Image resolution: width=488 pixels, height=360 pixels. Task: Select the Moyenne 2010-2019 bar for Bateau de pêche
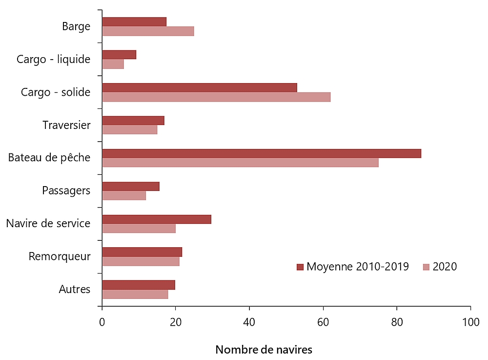point(262,153)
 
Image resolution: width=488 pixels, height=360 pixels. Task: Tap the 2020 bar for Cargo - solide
point(216,97)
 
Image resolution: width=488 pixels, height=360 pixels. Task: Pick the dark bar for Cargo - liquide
point(119,55)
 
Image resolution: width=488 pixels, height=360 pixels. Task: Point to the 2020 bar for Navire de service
point(139,229)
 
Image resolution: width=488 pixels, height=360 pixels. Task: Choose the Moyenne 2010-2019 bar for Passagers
point(131,186)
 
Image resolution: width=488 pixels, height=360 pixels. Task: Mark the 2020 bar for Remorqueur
point(141,261)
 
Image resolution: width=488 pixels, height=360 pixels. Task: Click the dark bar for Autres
point(139,285)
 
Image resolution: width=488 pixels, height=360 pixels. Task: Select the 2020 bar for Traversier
point(130,130)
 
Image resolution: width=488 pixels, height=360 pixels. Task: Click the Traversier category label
point(66,125)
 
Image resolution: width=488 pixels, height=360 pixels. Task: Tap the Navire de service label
point(48,224)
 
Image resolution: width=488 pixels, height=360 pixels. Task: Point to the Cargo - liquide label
point(53,60)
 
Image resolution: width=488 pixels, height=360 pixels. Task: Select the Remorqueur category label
point(60,256)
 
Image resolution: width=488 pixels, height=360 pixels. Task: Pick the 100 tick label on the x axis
point(470,322)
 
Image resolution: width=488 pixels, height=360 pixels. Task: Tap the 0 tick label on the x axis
point(102,322)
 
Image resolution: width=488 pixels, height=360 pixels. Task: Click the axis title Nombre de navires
point(264,350)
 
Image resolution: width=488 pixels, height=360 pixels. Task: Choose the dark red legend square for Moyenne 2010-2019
point(300,267)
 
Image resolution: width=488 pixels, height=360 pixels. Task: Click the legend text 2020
point(445,267)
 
